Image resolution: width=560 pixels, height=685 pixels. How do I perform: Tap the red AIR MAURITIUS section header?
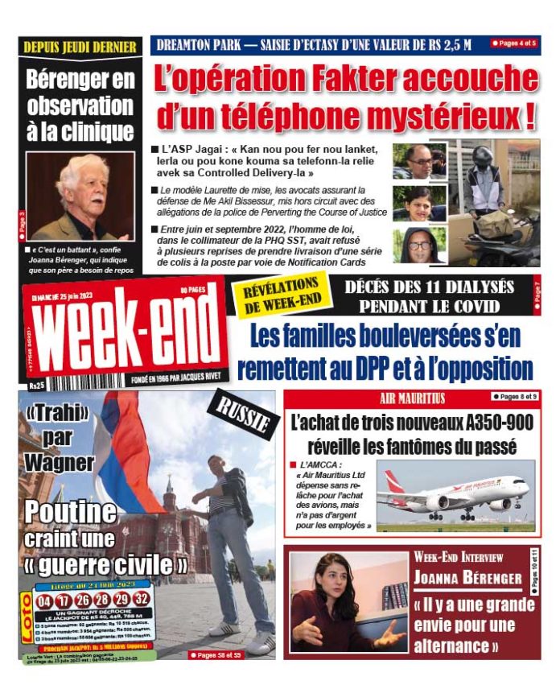tap(412, 398)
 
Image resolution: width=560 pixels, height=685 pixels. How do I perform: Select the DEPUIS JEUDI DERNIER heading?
tap(80, 47)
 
